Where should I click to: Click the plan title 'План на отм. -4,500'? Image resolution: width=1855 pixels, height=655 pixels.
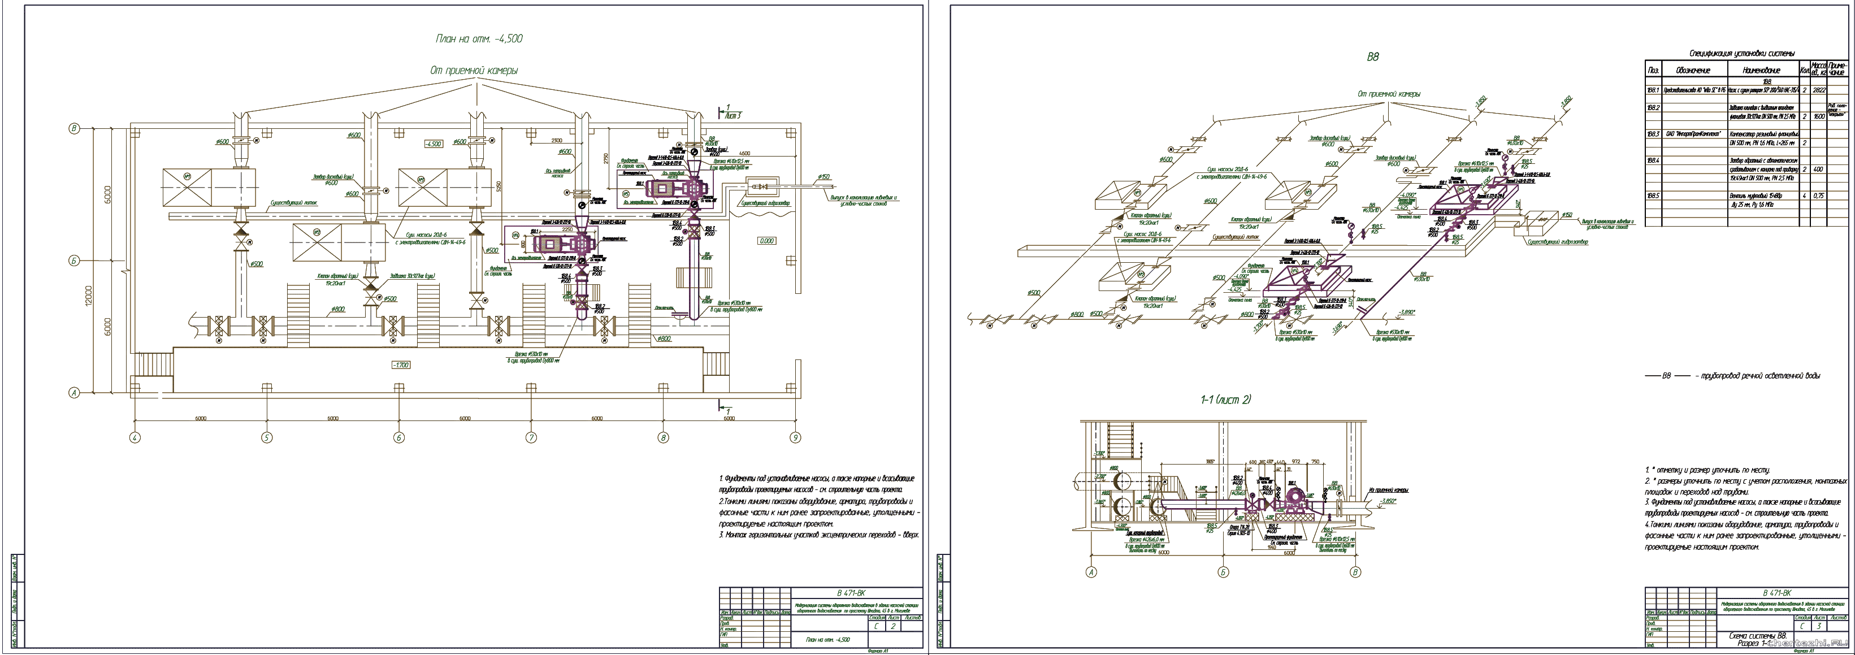point(479,39)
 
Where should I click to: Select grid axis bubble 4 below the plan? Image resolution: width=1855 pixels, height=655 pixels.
point(135,437)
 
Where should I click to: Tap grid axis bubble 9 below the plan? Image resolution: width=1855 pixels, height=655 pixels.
point(795,437)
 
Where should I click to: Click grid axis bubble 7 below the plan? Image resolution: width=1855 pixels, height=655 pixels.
point(531,437)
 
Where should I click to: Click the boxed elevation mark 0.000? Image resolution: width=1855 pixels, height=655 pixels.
point(767,240)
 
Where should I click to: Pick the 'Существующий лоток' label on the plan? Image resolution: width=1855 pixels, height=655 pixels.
point(293,203)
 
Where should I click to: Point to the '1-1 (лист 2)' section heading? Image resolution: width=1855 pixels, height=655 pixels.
point(1225,400)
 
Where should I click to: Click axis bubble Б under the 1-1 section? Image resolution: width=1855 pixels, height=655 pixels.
point(1223,572)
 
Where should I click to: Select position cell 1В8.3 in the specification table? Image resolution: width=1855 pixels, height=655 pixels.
point(1653,134)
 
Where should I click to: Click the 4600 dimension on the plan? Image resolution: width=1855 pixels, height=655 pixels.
point(744,153)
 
